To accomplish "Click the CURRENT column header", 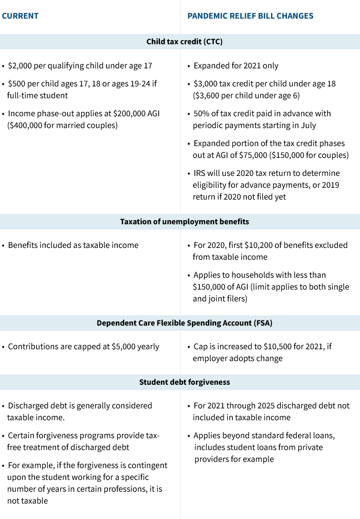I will click(x=20, y=16).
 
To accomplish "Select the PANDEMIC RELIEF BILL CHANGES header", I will click(x=250, y=16).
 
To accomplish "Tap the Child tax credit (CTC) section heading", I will click(x=185, y=42).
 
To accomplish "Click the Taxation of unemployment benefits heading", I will click(x=185, y=222).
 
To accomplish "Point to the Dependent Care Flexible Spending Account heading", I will click(x=185, y=323).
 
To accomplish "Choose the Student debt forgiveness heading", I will click(x=185, y=382).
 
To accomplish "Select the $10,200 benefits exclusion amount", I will click(x=260, y=245).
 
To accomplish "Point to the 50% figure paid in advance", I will click(x=202, y=114).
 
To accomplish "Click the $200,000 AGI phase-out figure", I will click(x=125, y=114).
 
